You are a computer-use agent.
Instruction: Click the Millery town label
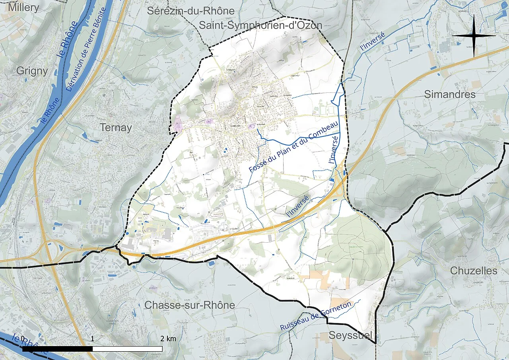[23, 8]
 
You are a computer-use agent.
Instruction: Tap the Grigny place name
[32, 71]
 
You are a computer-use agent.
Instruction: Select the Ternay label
[116, 128]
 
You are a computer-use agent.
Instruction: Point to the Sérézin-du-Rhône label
[191, 11]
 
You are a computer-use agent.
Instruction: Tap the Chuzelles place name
[474, 271]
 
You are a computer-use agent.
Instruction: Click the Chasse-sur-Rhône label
[190, 305]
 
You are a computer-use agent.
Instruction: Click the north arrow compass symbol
[474, 35]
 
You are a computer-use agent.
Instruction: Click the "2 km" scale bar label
[168, 339]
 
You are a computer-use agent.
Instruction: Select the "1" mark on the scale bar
[93, 339]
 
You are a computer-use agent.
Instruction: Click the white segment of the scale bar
[127, 349]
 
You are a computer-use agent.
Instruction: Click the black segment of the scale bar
[58, 349]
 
